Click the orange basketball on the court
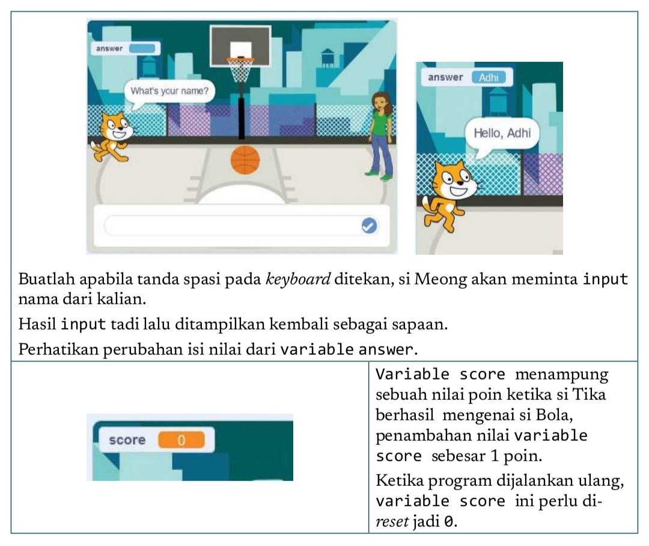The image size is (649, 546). pos(245,160)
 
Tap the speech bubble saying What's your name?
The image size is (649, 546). pos(169,92)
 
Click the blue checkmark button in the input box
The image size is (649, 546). pos(368,225)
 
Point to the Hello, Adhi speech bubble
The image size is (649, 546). pos(502,133)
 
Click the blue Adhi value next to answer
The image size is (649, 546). pos(489,78)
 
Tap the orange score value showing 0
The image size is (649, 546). pos(181,440)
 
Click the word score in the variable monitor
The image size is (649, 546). pos(127,440)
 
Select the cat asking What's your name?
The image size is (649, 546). pos(113,136)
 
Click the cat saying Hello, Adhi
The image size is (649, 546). pos(449,192)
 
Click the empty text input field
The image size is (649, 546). pos(231,225)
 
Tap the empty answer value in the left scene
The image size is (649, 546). pos(142,48)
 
